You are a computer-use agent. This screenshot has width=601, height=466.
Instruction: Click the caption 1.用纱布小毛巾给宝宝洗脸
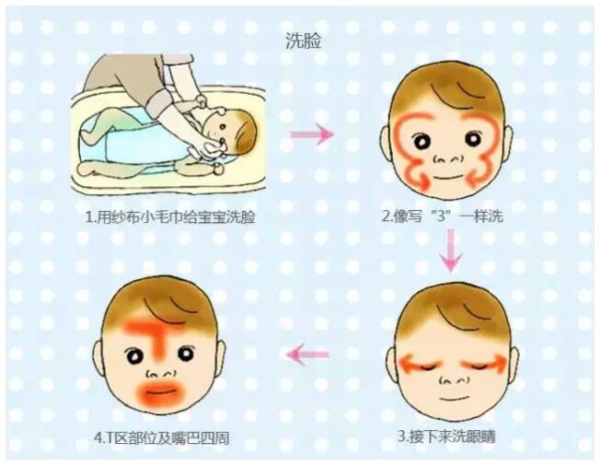tap(171, 217)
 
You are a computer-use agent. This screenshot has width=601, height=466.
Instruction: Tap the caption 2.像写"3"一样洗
tap(443, 217)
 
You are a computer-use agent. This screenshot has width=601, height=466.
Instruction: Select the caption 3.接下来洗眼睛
tap(447, 436)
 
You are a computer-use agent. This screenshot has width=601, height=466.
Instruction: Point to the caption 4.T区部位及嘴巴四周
tap(162, 437)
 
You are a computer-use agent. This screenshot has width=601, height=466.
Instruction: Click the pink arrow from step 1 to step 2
tap(312, 135)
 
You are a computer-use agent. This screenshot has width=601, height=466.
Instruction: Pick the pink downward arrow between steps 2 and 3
tap(449, 251)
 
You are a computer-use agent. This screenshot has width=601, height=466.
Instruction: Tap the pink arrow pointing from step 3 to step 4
tap(307, 353)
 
